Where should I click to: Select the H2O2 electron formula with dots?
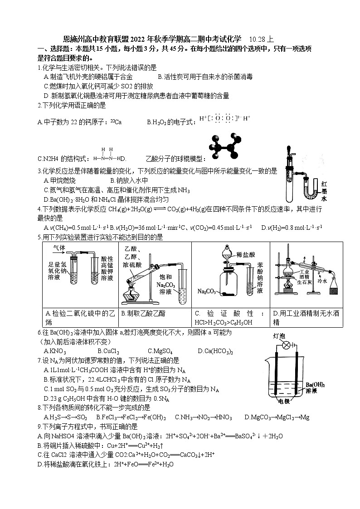(224, 119)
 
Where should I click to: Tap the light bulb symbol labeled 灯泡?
(286, 345)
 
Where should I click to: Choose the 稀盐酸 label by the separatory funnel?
(245, 254)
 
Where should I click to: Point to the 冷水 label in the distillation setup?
(322, 281)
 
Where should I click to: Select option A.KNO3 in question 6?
(55, 351)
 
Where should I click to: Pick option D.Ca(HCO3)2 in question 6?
(215, 351)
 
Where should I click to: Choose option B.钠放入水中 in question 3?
(129, 180)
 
